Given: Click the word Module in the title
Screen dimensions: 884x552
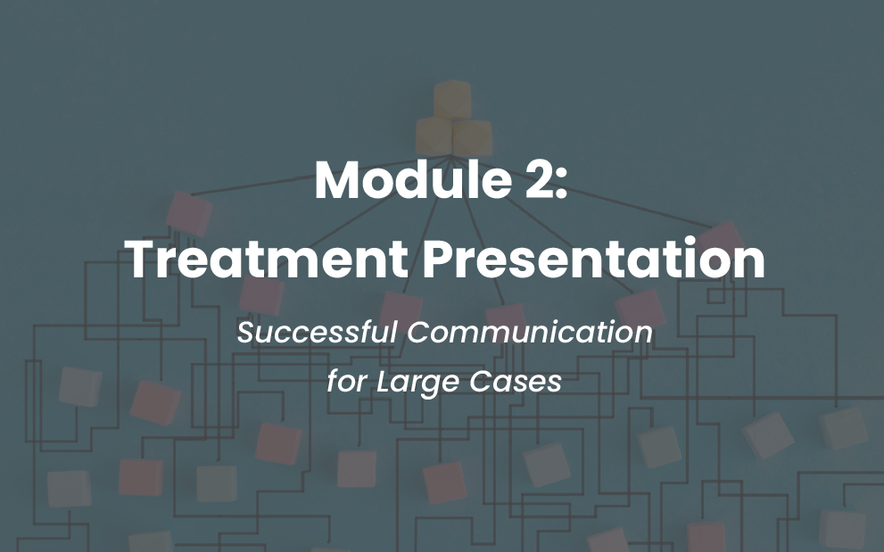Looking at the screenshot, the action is tap(413, 179).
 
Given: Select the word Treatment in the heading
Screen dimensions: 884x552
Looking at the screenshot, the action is tap(268, 259).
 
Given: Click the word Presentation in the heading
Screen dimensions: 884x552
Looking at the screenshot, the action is tap(594, 259).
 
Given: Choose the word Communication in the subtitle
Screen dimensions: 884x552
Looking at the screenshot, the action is tap(530, 332).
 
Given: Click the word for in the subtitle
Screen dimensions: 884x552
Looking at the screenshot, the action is tap(347, 382).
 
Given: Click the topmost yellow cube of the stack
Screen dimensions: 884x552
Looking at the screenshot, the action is tap(452, 99).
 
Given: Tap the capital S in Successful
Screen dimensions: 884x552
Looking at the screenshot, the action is tap(247, 332).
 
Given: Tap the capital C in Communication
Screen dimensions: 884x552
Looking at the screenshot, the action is tap(419, 332).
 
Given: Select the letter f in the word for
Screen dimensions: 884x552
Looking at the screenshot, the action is tap(334, 382).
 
